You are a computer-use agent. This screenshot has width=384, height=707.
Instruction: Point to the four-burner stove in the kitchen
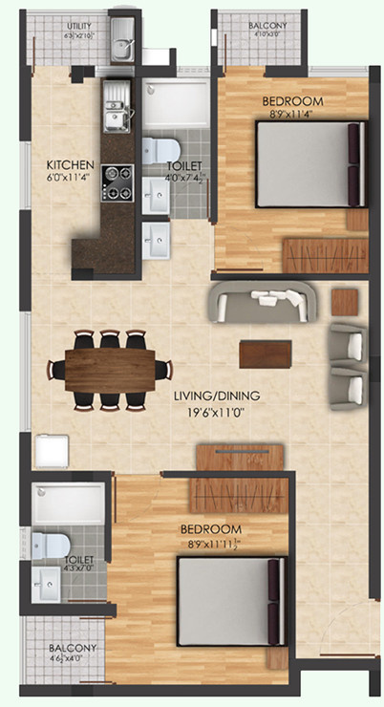pyautogui.click(x=117, y=182)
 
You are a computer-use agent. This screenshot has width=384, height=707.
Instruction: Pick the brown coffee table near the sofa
pyautogui.click(x=266, y=353)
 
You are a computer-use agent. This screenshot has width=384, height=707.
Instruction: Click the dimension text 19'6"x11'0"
pyautogui.click(x=208, y=414)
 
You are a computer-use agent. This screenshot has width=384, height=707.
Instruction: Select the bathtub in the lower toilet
pyautogui.click(x=68, y=503)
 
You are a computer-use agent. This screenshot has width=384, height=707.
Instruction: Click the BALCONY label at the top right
pyautogui.click(x=259, y=26)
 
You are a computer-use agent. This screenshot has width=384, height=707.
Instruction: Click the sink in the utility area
pyautogui.click(x=122, y=45)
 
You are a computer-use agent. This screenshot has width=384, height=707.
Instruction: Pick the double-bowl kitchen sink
pyautogui.click(x=117, y=108)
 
